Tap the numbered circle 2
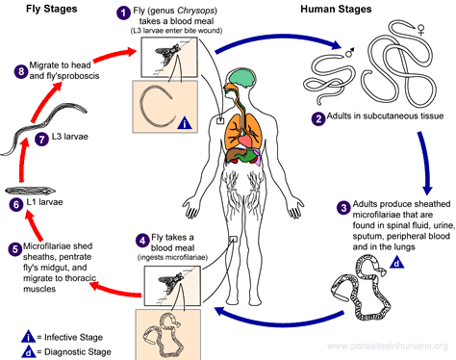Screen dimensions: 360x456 click(x=318, y=118)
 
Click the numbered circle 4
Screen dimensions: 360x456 click(x=141, y=240)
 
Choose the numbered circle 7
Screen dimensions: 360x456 click(x=40, y=139)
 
